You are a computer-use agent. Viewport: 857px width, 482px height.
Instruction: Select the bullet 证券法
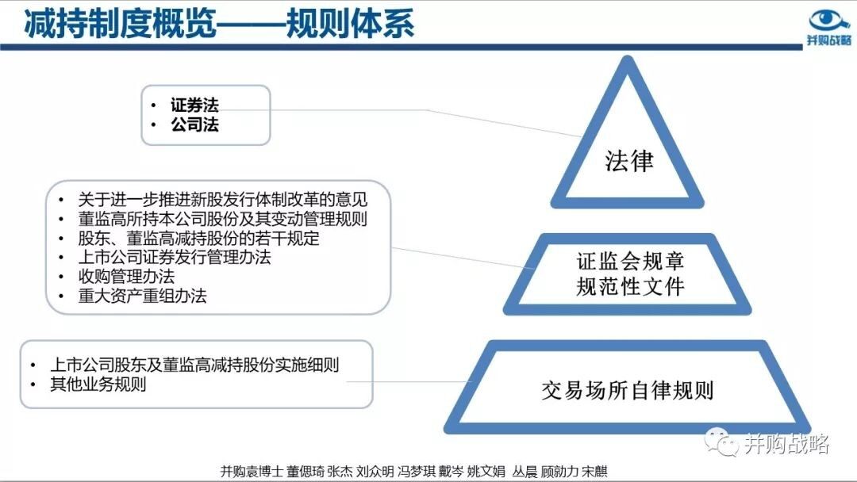click(194, 105)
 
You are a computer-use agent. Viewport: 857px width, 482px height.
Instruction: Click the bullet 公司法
click(194, 124)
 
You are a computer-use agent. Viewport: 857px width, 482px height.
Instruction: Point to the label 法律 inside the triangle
click(628, 161)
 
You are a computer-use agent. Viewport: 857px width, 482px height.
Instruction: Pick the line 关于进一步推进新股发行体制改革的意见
click(222, 199)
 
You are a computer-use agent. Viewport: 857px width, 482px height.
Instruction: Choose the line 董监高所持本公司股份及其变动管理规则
click(222, 219)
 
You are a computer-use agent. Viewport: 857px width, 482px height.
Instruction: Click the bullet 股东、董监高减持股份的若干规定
click(199, 239)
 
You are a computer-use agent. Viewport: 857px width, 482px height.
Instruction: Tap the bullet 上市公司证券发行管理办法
click(175, 257)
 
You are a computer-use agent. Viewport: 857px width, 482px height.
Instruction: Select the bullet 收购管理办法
click(126, 276)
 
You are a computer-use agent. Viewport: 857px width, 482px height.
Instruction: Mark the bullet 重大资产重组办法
click(143, 296)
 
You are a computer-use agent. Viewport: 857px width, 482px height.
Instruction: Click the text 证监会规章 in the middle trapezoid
click(630, 262)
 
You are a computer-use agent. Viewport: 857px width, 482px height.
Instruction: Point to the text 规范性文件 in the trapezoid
click(630, 286)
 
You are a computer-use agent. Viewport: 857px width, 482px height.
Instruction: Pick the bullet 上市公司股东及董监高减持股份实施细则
click(194, 365)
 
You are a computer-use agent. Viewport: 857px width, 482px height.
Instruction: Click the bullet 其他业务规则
click(98, 384)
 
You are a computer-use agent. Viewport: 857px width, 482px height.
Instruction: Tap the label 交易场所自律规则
click(628, 391)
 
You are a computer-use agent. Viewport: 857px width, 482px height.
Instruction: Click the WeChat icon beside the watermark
click(721, 442)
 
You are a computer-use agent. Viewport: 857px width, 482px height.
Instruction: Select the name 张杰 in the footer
click(340, 471)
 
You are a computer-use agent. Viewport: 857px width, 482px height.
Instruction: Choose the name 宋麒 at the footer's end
click(595, 471)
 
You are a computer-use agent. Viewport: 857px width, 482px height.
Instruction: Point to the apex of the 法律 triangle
click(628, 59)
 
